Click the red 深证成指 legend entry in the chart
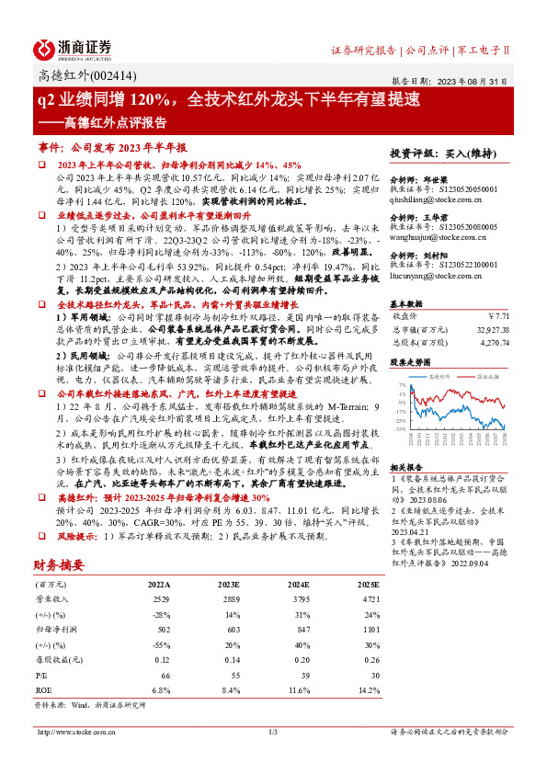pyautogui.click(x=484, y=376)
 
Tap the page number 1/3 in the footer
pyautogui.click(x=272, y=757)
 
